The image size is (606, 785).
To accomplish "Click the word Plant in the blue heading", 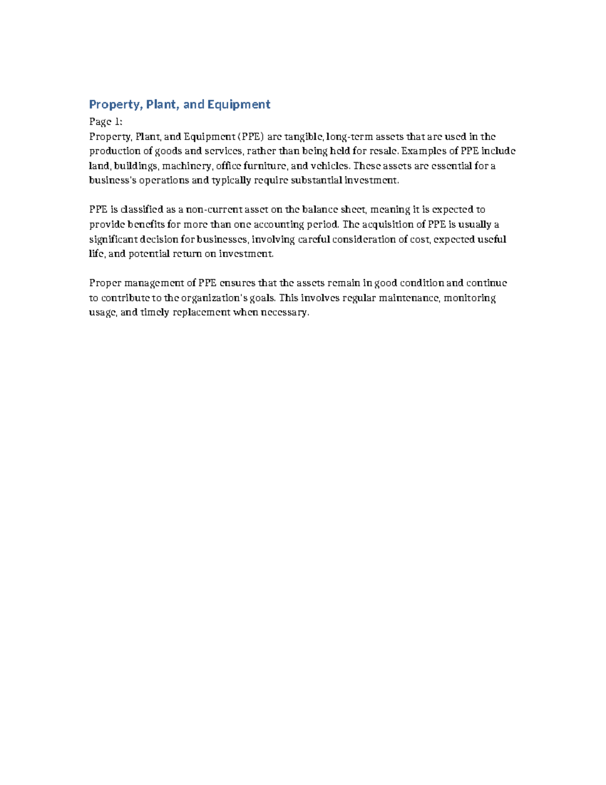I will (x=161, y=105).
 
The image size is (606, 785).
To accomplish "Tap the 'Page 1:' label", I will (x=106, y=122).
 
